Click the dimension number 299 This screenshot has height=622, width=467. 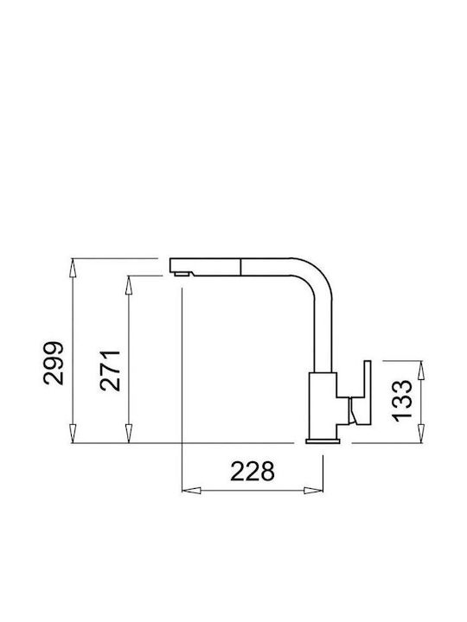54,363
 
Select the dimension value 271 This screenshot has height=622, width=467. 110,371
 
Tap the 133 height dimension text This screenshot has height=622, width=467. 402,401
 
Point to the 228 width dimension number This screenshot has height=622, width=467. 253,472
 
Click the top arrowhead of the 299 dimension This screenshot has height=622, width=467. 73,267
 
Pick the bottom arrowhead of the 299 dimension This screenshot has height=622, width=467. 73,433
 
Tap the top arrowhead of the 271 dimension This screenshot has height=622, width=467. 128,285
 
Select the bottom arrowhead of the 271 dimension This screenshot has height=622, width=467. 128,433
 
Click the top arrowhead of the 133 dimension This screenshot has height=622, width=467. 421,370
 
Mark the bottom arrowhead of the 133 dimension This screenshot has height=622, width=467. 421,433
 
